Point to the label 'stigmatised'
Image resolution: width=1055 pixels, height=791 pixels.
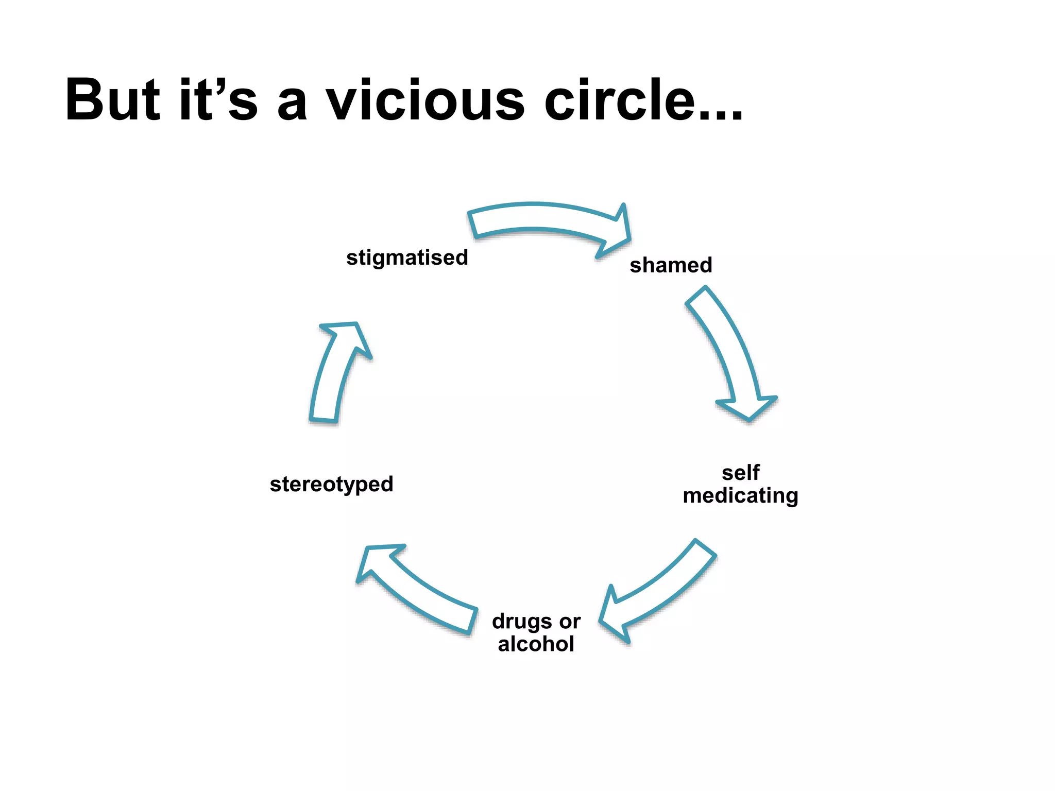407,257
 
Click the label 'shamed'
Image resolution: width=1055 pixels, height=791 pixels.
671,265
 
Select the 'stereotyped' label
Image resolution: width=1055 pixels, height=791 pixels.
331,485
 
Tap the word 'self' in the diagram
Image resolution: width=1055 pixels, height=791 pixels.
741,472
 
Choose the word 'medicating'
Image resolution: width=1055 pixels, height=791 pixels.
741,495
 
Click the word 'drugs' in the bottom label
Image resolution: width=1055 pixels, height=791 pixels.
521,622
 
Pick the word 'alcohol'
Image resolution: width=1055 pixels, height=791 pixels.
536,644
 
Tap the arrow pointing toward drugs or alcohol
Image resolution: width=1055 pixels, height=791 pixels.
659,592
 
